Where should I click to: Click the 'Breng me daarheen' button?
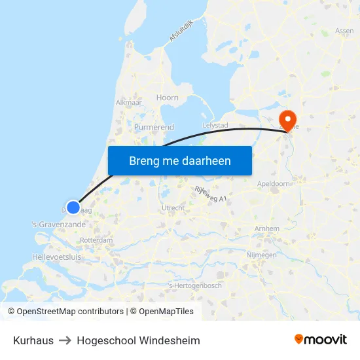(180, 160)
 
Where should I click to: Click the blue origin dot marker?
(73, 207)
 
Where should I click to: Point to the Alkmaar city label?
(129, 103)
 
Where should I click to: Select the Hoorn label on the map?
(167, 98)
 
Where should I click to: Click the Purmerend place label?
(154, 126)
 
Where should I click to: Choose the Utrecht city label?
(173, 208)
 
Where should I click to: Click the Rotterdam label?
(96, 241)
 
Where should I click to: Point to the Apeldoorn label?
(274, 185)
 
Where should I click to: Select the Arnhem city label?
(267, 228)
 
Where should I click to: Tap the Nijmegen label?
(261, 255)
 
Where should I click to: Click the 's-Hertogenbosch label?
(195, 285)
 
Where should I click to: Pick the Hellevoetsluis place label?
(56, 257)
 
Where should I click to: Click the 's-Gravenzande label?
(58, 225)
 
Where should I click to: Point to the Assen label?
(344, 31)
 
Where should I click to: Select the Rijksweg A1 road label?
(210, 194)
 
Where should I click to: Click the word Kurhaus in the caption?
(32, 340)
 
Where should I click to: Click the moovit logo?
(321, 340)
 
